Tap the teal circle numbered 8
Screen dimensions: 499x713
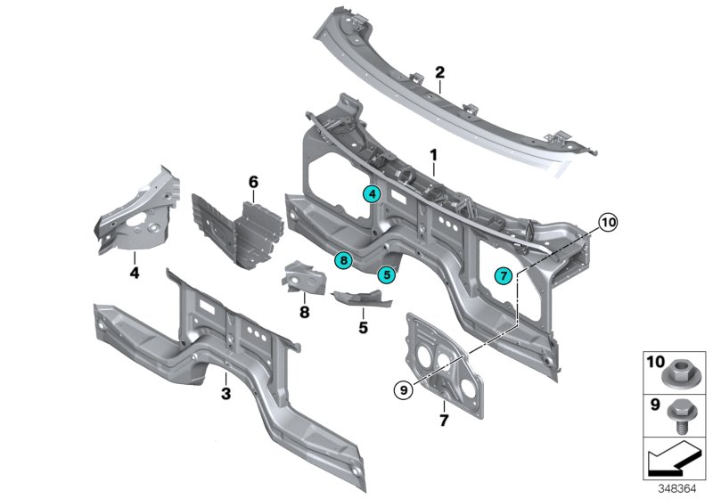342,259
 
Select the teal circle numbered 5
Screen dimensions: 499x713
386,274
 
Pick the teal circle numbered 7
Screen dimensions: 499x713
504,276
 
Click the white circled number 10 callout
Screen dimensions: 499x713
607,223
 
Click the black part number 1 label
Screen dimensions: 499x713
433,154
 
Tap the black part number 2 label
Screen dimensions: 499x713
439,71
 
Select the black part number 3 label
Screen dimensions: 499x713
225,393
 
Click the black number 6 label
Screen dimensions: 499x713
253,182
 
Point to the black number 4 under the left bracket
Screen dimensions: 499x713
135,273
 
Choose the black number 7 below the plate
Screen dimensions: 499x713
443,418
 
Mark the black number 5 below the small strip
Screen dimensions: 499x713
364,327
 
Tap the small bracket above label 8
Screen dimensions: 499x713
301,278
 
